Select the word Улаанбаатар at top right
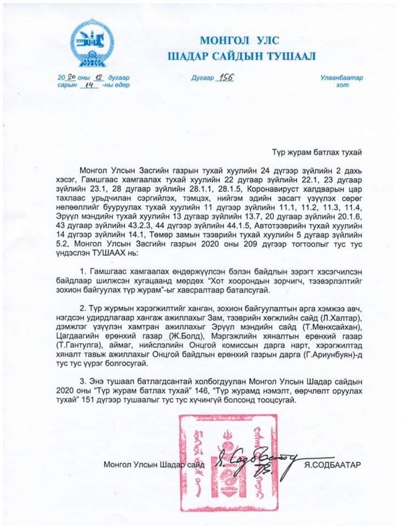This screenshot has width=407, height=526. point(341,78)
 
